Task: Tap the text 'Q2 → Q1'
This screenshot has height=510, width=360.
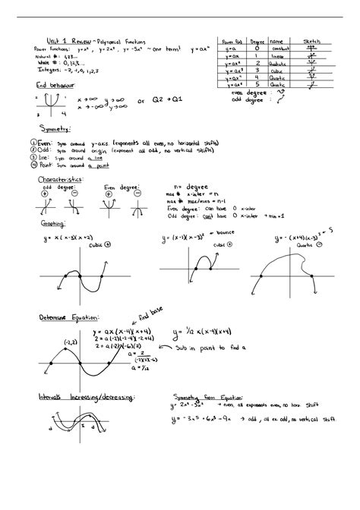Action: tap(178, 100)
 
